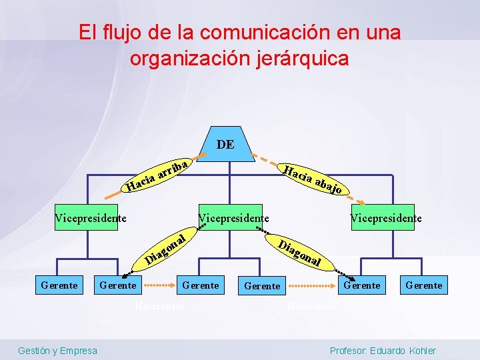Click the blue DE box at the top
225,144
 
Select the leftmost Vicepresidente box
91,217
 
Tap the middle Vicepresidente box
234,217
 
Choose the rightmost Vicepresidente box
386,217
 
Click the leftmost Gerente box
59,285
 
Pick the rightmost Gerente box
423,285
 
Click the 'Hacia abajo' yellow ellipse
313,179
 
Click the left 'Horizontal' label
159,306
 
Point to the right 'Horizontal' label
310,306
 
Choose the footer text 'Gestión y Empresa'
57,351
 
